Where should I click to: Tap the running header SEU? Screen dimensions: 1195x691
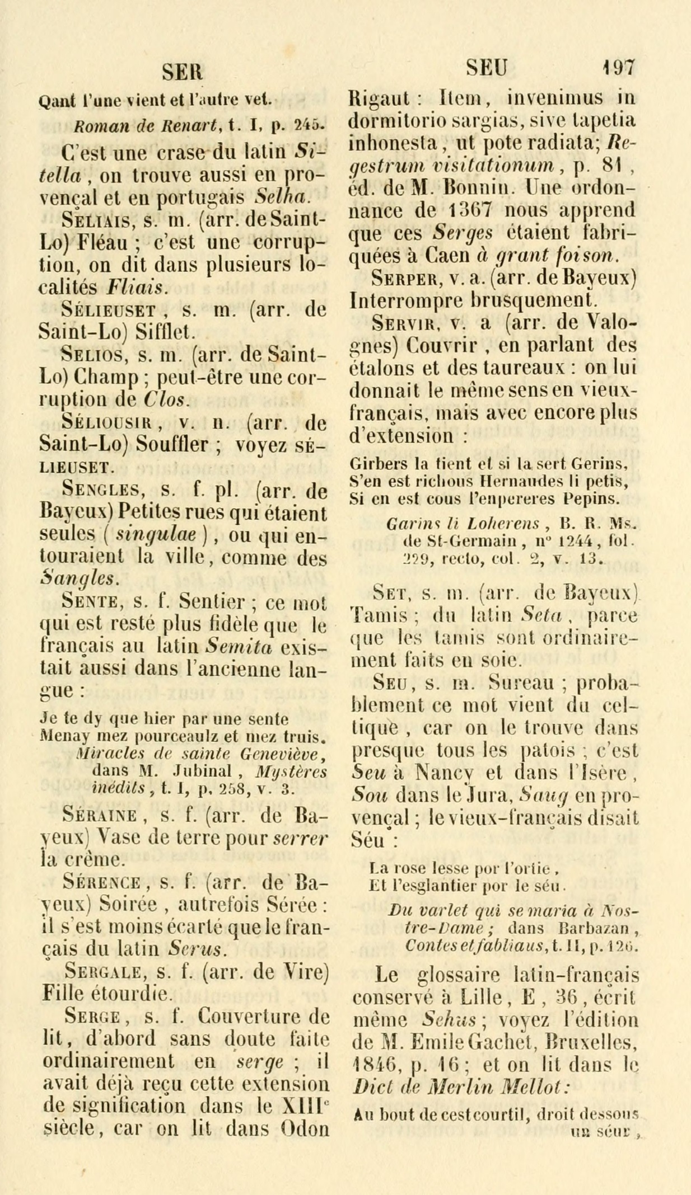coord(488,68)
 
